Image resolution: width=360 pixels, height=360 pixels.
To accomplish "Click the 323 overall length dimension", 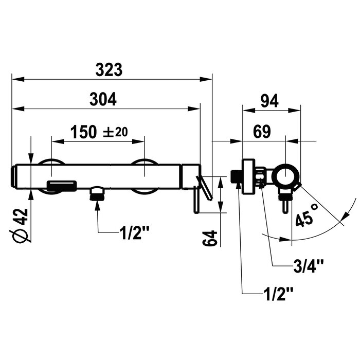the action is click(109, 70).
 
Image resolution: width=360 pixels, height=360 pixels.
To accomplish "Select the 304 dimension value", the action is click(103, 99).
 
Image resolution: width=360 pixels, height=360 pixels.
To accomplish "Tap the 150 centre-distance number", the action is click(83, 132).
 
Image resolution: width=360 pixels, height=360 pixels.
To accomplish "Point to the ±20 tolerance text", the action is click(115, 132).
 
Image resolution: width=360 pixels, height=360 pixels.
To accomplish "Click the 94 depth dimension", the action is click(269, 101).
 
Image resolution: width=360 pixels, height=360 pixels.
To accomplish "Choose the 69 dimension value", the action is click(262, 132).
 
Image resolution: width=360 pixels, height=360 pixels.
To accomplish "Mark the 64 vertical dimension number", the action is click(210, 239).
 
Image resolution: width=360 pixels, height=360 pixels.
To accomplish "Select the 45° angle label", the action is click(307, 215).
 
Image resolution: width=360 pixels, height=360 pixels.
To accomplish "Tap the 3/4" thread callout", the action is click(309, 266).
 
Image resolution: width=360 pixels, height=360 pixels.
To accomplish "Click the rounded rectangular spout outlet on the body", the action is click(62, 186).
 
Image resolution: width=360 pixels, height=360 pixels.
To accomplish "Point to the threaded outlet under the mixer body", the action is click(98, 194).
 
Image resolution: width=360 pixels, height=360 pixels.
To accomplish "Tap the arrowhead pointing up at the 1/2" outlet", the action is click(98, 206).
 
